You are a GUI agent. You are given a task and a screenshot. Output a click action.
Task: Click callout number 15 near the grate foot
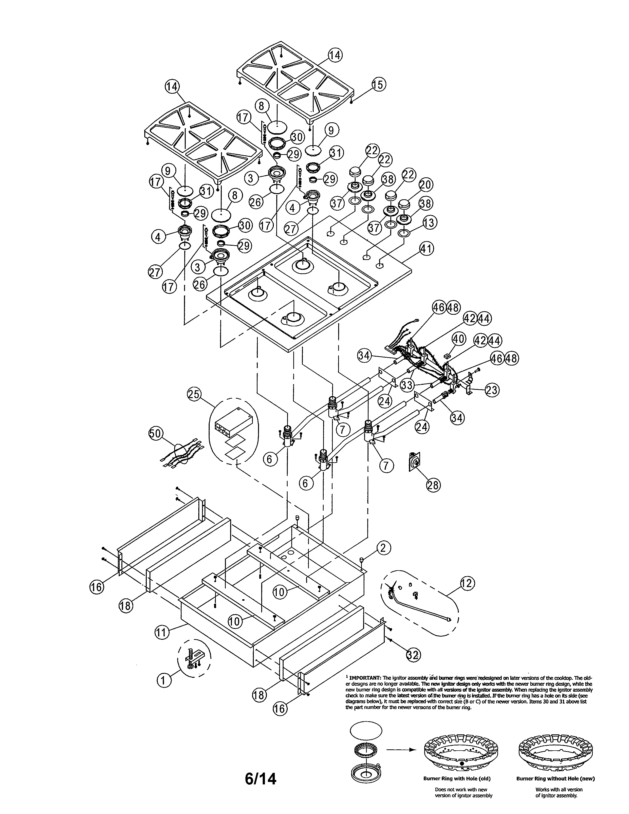coord(378,85)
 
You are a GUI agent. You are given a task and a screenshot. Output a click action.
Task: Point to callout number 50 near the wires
coord(155,433)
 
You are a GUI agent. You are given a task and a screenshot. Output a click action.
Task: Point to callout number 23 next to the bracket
coord(492,390)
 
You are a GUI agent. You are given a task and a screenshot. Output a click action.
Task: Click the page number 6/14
coord(260,776)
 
